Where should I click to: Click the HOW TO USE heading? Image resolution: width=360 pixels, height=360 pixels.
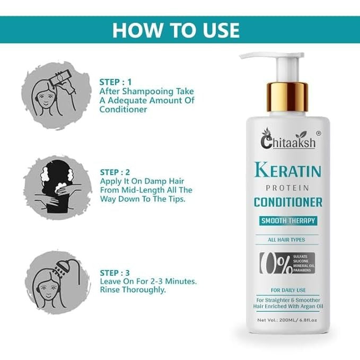pyautogui.click(x=176, y=30)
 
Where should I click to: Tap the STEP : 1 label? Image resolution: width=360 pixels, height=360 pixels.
pyautogui.click(x=116, y=82)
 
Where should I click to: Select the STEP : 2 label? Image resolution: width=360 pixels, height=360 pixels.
pyautogui.click(x=115, y=172)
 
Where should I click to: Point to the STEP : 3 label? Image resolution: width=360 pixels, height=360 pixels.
pyautogui.click(x=115, y=273)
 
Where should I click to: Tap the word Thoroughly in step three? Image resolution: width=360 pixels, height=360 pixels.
pyautogui.click(x=144, y=289)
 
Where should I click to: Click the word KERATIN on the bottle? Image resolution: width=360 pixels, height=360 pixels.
pyautogui.click(x=288, y=170)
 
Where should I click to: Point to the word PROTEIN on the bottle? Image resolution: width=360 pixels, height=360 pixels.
pyautogui.click(x=287, y=188)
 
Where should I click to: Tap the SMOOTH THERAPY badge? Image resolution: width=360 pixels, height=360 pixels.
pyautogui.click(x=288, y=221)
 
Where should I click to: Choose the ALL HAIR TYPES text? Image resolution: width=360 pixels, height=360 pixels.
pyautogui.click(x=286, y=240)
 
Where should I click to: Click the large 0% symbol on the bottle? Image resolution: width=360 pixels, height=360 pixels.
pyautogui.click(x=276, y=263)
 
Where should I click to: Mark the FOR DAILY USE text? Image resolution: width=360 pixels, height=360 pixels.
pyautogui.click(x=288, y=290)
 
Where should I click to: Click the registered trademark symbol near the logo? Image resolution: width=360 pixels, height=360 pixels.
pyautogui.click(x=319, y=133)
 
